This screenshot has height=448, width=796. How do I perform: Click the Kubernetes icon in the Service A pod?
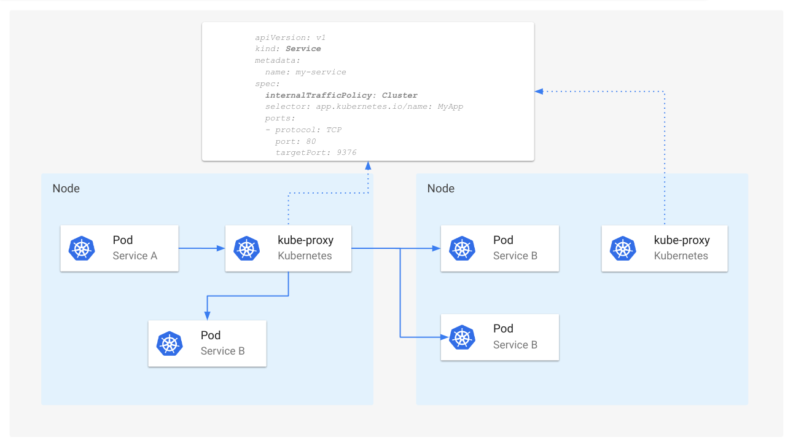(x=81, y=248)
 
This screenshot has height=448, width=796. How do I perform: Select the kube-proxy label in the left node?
(x=305, y=240)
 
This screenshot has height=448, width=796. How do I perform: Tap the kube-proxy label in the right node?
(x=681, y=240)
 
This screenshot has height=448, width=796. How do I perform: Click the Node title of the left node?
(x=66, y=189)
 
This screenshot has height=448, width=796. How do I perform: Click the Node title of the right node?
(x=440, y=189)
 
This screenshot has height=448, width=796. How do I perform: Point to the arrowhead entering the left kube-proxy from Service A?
(x=222, y=249)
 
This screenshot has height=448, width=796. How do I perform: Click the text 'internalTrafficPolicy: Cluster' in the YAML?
(x=341, y=95)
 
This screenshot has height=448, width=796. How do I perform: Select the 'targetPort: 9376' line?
(x=316, y=152)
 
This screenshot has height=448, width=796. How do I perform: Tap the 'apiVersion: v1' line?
(x=290, y=37)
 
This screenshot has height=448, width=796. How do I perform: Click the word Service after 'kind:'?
(x=303, y=49)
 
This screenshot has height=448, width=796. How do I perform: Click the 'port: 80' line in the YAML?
(x=295, y=141)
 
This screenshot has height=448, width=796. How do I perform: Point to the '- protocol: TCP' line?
(x=303, y=130)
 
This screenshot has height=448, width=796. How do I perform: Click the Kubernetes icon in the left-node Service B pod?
(x=170, y=344)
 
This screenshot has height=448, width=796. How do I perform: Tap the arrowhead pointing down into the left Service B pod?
(x=208, y=316)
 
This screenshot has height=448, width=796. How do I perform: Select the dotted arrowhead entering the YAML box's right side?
(x=539, y=91)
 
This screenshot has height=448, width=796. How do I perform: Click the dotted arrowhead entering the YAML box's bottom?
(x=368, y=165)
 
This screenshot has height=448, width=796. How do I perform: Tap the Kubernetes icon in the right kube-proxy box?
(x=623, y=248)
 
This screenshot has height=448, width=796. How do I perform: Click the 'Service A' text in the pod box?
(x=135, y=256)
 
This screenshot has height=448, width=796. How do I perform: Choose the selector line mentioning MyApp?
(x=364, y=106)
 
